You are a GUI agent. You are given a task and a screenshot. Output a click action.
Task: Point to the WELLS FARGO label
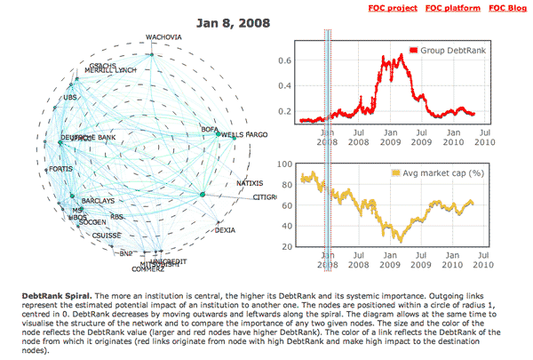pyautogui.click(x=244, y=135)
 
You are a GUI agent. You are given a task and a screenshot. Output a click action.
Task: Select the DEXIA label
pyautogui.click(x=226, y=230)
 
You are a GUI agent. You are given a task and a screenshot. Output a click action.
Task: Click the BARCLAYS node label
pyautogui.click(x=97, y=201)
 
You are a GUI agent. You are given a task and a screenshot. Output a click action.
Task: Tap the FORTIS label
pyautogui.click(x=60, y=169)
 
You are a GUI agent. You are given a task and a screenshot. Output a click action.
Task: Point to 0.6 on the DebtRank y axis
pyautogui.click(x=285, y=60)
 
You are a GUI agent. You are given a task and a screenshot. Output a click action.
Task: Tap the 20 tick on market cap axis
pyautogui.click(x=287, y=246)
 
